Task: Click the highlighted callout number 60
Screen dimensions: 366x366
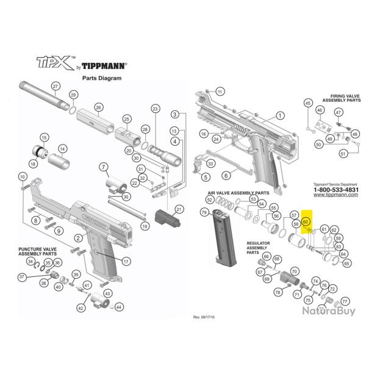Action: pos(306,223)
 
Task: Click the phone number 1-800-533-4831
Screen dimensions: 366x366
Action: pos(320,190)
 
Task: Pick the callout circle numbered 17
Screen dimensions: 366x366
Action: pos(126,262)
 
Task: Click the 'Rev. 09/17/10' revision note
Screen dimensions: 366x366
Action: pos(204,318)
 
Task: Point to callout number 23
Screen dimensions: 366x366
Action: pos(155,109)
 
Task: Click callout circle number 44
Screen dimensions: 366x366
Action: pos(119,307)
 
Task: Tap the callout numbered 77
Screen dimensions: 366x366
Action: pos(345,302)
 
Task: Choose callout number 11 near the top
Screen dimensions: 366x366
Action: pos(220,91)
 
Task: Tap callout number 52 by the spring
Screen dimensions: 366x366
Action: pos(209,200)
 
